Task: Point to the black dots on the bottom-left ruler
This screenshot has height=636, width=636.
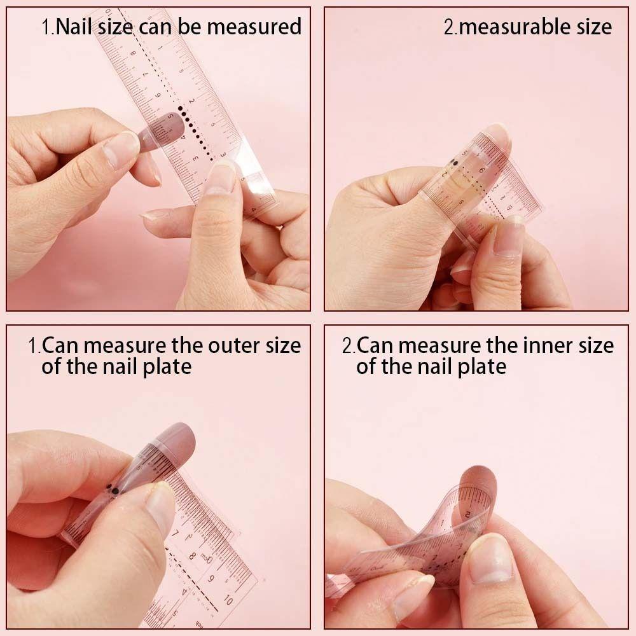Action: click(x=112, y=489)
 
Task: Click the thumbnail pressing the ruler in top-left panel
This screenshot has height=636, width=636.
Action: click(x=221, y=177)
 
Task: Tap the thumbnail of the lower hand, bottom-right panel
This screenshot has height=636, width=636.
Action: click(x=490, y=559)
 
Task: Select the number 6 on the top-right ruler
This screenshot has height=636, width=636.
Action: click(x=481, y=170)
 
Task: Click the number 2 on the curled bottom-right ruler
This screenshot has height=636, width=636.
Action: click(x=468, y=513)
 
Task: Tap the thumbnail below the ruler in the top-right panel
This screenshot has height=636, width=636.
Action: click(x=509, y=238)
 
